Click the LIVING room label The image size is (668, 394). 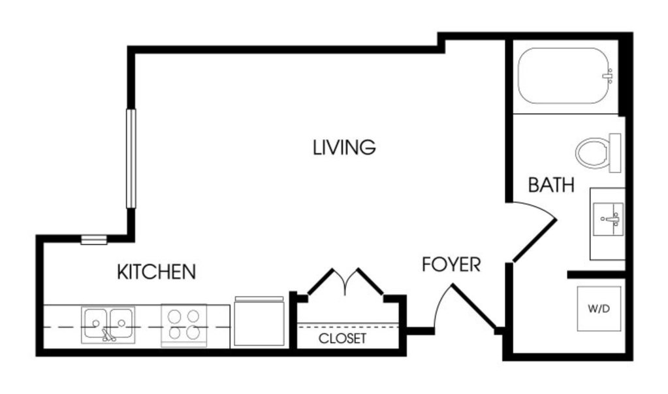pyautogui.click(x=344, y=147)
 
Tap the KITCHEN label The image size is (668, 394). pyautogui.click(x=156, y=272)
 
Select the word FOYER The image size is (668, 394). pyautogui.click(x=451, y=265)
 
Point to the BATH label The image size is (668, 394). pyautogui.click(x=551, y=185)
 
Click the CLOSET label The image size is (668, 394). pyautogui.click(x=342, y=338)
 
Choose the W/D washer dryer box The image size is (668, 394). pyautogui.click(x=599, y=308)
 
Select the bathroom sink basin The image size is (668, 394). pyautogui.click(x=609, y=219)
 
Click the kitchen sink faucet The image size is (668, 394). pyautogui.click(x=108, y=335)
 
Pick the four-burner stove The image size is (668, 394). pyautogui.click(x=183, y=325)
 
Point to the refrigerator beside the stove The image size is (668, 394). pyautogui.click(x=259, y=321)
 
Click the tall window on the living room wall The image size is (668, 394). pyautogui.click(x=131, y=159)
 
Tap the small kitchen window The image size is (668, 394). pyautogui.click(x=94, y=240)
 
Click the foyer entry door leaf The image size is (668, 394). pyautogui.click(x=473, y=306)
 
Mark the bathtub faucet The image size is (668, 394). pyautogui.click(x=609, y=76)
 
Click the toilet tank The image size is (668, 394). pyautogui.click(x=614, y=153)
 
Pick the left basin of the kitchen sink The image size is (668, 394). pyautogui.click(x=95, y=323)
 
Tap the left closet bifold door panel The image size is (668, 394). pyautogui.click(x=321, y=282)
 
